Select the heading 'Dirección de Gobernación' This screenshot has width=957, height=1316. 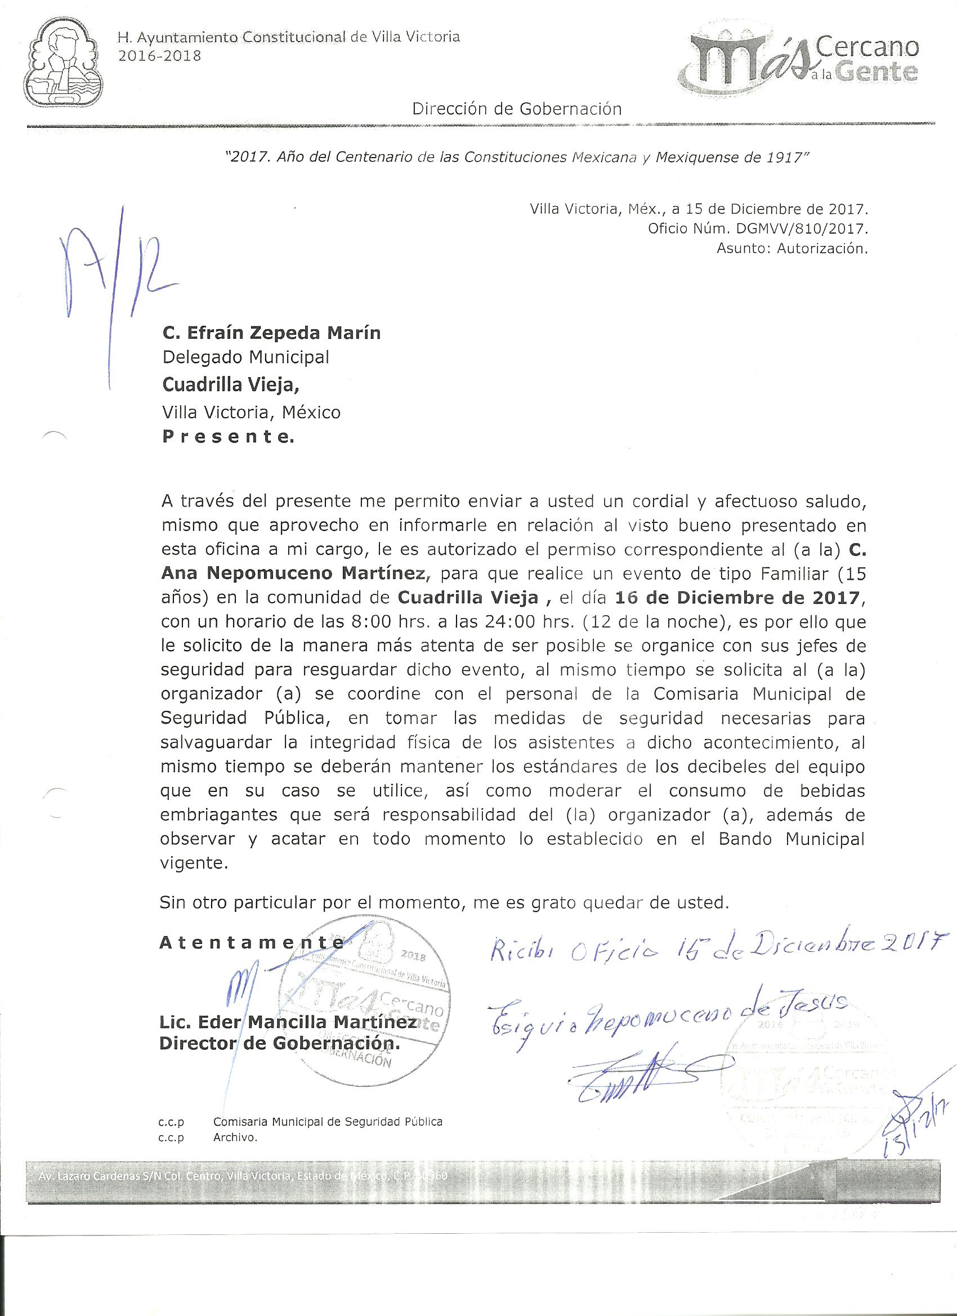517,109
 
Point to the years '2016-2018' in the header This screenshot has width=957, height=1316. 160,56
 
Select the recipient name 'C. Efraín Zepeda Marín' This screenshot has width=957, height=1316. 271,333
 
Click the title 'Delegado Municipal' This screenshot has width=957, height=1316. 245,357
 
